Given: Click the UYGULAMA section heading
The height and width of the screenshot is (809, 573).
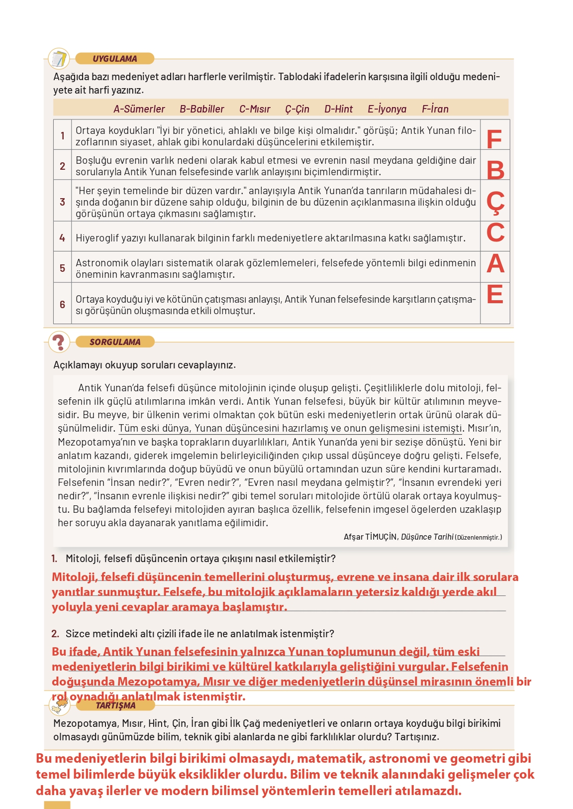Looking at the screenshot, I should tap(115, 59).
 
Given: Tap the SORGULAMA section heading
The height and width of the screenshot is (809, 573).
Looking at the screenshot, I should tap(115, 342).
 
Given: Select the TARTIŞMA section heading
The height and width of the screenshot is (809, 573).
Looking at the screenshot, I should tap(115, 705).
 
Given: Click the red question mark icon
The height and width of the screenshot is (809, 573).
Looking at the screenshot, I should tap(59, 343).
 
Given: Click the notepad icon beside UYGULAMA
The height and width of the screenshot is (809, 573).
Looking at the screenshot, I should tap(59, 59).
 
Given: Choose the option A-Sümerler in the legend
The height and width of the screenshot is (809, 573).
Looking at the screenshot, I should tap(139, 109).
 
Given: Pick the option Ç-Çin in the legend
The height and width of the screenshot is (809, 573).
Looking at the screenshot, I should tap(297, 109).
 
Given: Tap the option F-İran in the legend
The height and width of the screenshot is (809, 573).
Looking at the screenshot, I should tap(435, 109).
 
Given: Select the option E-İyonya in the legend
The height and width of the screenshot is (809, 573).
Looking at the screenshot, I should tap(387, 109).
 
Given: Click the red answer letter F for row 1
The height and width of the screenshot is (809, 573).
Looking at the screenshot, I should tap(494, 139).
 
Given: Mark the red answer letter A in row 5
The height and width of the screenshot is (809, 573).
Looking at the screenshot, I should tap(495, 263).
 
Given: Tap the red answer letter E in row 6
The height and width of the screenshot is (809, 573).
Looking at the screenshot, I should tap(495, 294).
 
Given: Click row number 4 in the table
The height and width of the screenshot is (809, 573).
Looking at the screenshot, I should tap(62, 238).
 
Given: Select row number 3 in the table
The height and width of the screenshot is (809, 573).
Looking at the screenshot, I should tap(62, 202).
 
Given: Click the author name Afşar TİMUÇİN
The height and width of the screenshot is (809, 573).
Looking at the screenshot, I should tap(370, 537).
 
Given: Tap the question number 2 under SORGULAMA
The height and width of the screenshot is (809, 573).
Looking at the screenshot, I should tap(55, 634).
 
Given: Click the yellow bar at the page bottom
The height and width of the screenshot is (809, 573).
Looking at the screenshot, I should tap(57, 805).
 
